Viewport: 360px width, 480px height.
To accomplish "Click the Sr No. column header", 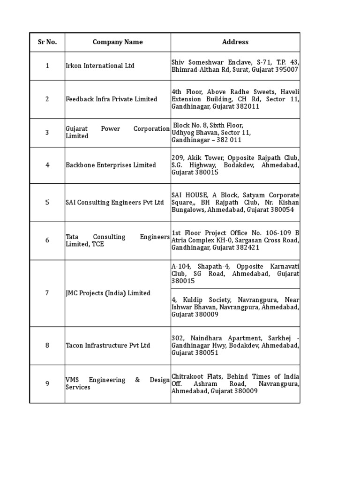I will (x=47, y=42).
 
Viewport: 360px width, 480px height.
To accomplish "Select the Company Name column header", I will (x=118, y=42).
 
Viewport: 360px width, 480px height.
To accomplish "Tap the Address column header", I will (x=235, y=42).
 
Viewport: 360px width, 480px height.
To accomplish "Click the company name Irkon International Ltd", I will (x=100, y=66).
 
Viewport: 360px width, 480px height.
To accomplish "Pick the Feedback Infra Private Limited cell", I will (x=112, y=99).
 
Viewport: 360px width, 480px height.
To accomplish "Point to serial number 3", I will (x=47, y=133).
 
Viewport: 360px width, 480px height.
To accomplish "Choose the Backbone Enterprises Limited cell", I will (x=111, y=165).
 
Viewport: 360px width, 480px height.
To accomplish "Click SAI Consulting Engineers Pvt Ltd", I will (x=115, y=202).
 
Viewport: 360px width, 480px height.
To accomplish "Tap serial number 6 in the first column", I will (x=47, y=240).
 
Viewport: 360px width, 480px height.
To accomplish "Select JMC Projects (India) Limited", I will (x=108, y=293).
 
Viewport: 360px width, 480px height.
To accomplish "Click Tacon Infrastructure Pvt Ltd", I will (x=108, y=345).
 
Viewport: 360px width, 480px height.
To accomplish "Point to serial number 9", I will (x=47, y=384).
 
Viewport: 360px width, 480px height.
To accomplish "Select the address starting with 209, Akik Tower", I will (x=235, y=165).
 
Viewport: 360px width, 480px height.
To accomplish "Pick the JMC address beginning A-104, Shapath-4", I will (x=235, y=274).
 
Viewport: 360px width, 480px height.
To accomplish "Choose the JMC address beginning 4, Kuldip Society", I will (x=235, y=307).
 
